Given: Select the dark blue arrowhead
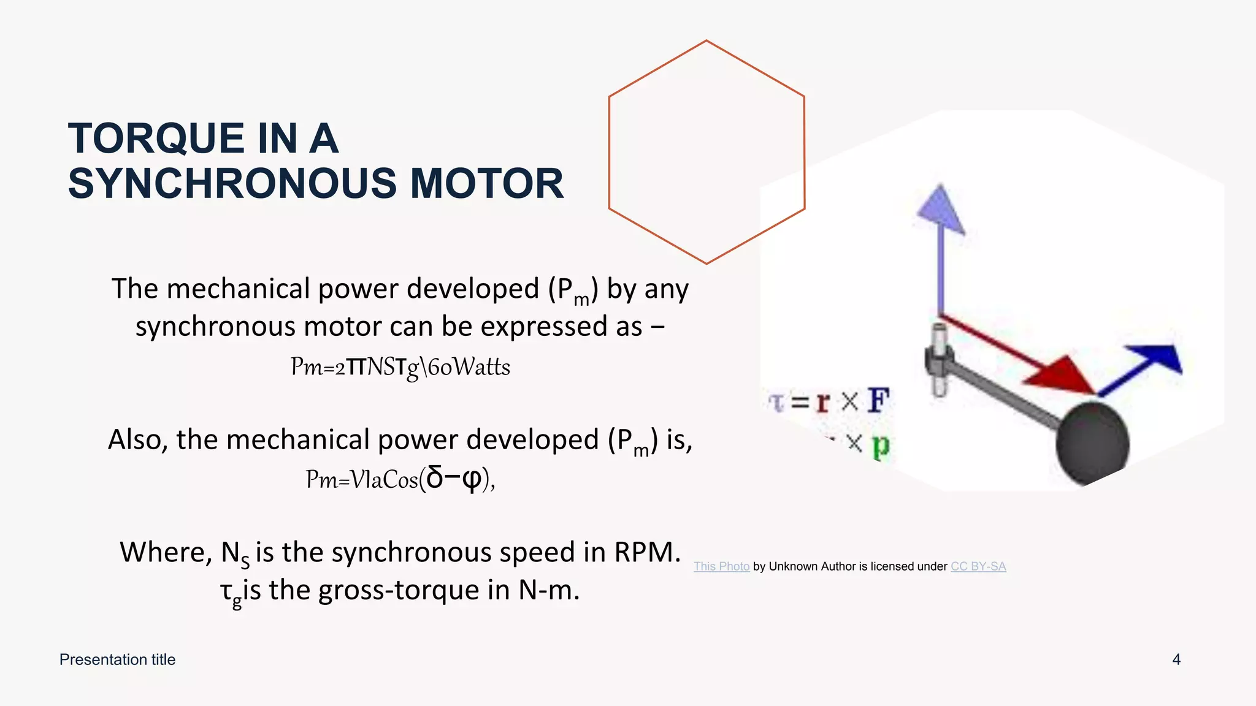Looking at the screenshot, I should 1158,359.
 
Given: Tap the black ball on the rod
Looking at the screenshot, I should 1092,443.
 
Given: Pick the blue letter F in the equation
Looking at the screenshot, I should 878,401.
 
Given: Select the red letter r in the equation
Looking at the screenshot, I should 823,402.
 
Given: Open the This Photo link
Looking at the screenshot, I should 721,566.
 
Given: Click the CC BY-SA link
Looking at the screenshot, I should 978,566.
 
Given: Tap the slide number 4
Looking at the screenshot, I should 1176,659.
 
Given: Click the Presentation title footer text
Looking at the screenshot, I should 117,659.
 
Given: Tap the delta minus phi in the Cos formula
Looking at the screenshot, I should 454,478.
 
